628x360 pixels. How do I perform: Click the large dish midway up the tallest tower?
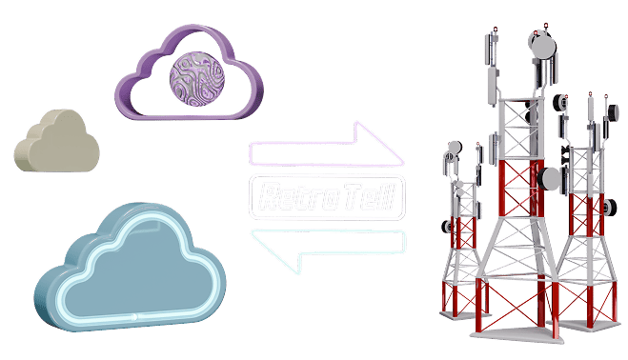pyautogui.click(x=552, y=177)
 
